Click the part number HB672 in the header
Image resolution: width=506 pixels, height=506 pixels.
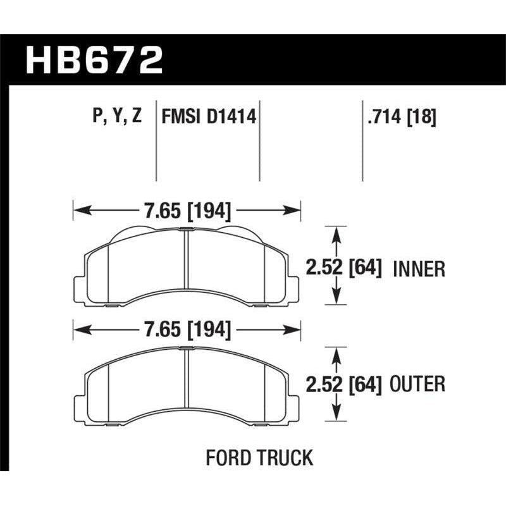pos(94,61)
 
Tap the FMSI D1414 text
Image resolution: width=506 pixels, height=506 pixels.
pos(209,116)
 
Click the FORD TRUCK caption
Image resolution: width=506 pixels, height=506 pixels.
pos(259,457)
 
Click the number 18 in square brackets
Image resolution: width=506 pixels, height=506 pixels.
pos(423,116)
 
